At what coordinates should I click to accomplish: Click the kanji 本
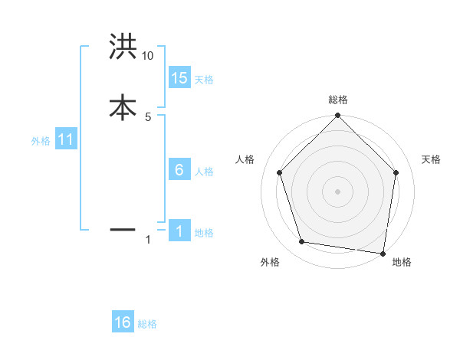123,106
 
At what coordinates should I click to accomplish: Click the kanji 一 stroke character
123,229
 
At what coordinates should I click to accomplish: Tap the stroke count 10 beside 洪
148,56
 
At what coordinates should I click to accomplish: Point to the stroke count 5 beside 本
148,116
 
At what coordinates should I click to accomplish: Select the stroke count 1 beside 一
148,240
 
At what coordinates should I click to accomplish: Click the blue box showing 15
179,78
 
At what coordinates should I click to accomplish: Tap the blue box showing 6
179,170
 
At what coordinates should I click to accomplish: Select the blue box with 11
66,140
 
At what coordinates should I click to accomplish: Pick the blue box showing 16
123,323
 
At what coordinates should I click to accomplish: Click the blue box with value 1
179,232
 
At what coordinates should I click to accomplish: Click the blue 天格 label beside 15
204,80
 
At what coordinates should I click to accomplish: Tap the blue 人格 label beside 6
204,172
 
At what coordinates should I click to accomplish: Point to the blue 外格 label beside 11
41,141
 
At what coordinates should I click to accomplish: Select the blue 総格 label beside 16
147,324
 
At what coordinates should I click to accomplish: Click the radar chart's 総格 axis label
338,100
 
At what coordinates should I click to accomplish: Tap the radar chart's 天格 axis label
431,159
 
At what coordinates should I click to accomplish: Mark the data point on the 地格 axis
383,253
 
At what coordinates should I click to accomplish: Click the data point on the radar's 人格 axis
279,172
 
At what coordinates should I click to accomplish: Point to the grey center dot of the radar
337,191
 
